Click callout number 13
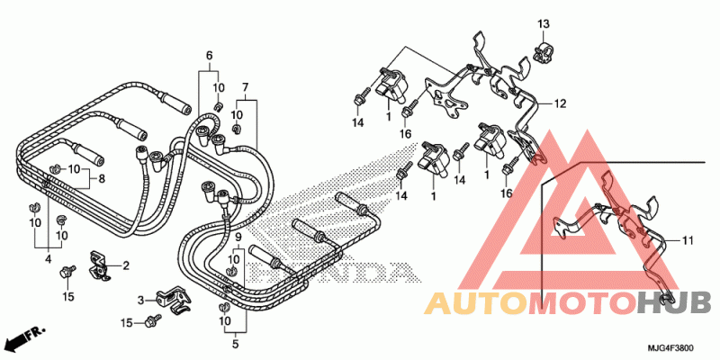point(544,23)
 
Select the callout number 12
point(560,104)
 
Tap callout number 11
point(688,240)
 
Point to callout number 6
point(210,56)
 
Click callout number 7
point(245,86)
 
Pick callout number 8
point(102,178)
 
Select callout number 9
point(238,238)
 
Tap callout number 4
point(49,259)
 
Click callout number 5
point(235,343)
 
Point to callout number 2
point(125,265)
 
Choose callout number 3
point(141,301)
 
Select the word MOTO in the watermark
point(583,302)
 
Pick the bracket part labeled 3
point(173,300)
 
